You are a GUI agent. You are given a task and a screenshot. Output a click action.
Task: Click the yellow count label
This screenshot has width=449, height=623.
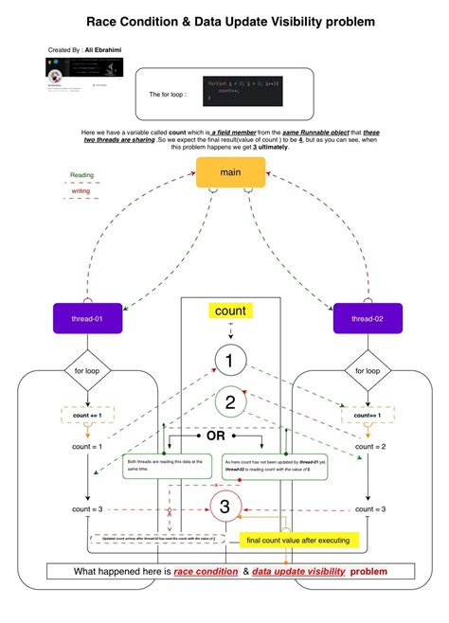click(x=230, y=311)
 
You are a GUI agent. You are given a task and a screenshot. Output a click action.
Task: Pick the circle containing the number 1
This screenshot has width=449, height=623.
click(x=230, y=360)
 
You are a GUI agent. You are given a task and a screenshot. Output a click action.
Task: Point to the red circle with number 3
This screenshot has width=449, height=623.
click(x=224, y=507)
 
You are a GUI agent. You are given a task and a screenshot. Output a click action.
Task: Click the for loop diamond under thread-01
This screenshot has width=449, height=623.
click(x=86, y=371)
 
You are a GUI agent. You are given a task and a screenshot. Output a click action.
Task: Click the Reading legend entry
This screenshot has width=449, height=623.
click(x=82, y=175)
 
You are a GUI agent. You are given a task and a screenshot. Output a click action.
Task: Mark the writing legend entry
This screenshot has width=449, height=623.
click(x=82, y=190)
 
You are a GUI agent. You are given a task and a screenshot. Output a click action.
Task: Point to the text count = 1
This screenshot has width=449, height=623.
click(x=86, y=446)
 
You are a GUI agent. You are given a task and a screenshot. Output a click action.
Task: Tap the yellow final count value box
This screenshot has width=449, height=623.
click(x=297, y=541)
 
